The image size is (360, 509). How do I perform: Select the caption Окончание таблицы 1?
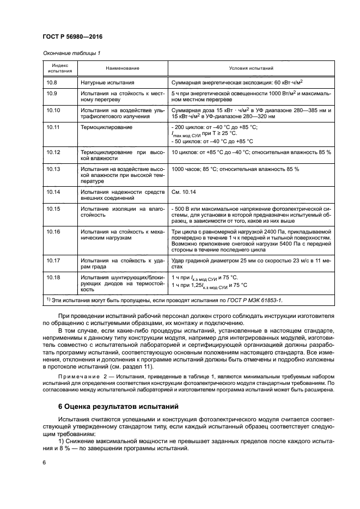70,53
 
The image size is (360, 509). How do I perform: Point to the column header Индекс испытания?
59,68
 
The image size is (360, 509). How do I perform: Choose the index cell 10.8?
52,82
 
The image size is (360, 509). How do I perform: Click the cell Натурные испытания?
107,82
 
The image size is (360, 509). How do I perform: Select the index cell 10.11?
53,127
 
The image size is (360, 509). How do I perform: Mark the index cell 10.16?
53,231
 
